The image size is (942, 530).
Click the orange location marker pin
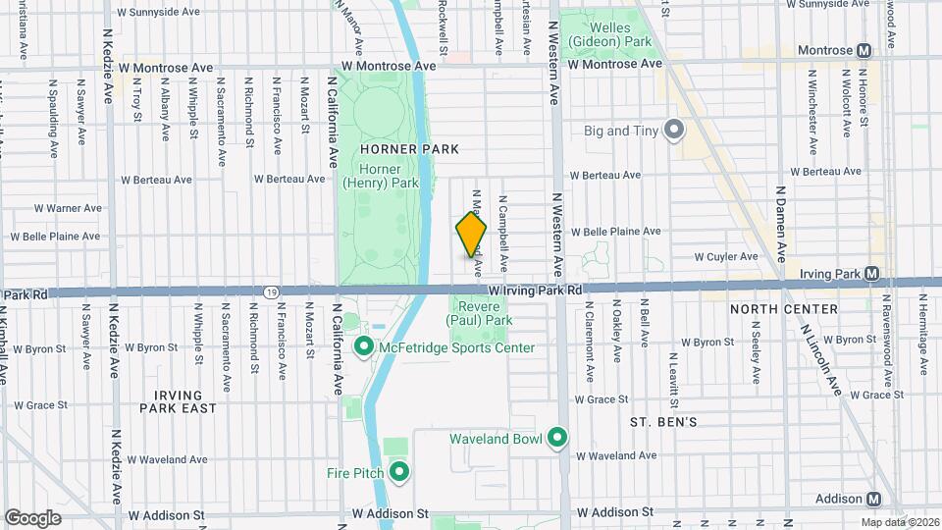[471, 236]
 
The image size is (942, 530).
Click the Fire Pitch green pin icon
[399, 473]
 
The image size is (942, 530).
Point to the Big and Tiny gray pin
[674, 130]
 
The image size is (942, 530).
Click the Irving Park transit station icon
[872, 273]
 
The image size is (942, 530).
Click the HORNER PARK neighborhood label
[395, 148]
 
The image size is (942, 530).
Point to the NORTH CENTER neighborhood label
[784, 309]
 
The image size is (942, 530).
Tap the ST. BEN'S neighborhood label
[663, 422]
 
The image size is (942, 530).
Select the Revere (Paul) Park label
[480, 313]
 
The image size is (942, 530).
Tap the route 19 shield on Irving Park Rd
[271, 291]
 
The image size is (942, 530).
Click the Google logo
[32, 517]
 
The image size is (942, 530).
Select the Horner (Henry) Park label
[380, 176]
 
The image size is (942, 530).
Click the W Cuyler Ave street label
[726, 257]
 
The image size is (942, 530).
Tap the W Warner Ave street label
[68, 208]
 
